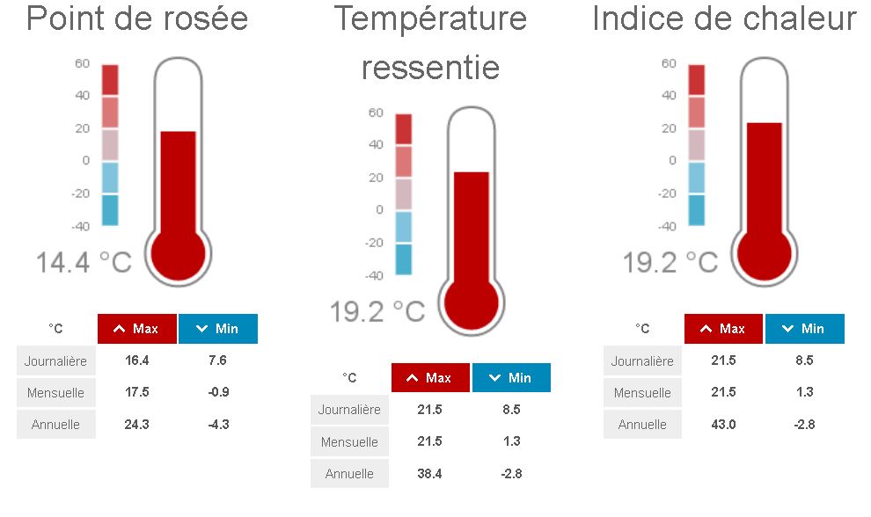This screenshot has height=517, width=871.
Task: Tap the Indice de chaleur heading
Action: point(724,18)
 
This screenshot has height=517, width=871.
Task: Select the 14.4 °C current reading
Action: point(84,262)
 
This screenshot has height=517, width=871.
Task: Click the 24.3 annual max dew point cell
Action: point(136,424)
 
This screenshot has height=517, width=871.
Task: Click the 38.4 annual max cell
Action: point(430,473)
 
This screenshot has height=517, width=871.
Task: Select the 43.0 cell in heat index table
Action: point(724,424)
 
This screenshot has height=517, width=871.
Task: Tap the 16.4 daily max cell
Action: point(136,360)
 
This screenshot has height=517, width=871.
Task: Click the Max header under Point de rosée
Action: point(137,329)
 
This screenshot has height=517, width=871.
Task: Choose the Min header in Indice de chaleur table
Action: point(804,329)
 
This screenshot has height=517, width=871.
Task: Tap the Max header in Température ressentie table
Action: point(431,378)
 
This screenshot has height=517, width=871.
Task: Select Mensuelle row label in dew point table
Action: point(56,392)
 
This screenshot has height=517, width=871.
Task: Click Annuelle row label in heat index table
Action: point(642,424)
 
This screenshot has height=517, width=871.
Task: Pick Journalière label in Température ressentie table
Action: point(349,410)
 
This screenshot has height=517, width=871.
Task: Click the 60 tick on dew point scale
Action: point(83,63)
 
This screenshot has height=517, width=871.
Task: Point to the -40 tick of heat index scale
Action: point(668,226)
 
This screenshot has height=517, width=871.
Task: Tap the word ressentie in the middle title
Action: point(430,67)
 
